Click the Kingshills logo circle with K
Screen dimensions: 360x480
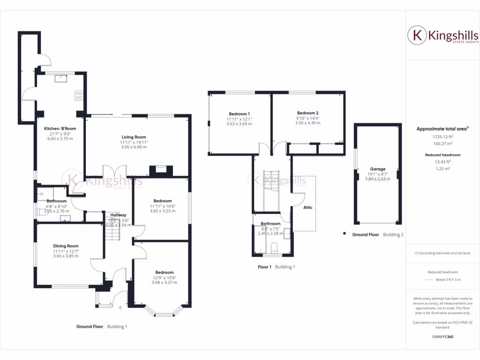pos(416,35)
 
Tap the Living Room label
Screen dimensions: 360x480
pos(133,137)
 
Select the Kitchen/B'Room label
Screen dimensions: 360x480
pos(60,128)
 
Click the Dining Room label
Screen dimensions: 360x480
pos(66,246)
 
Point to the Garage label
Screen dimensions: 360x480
pos(377,169)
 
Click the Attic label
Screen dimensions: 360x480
pos(307,207)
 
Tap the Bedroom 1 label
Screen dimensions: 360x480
pos(239,114)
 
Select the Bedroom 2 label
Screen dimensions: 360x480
pos(307,113)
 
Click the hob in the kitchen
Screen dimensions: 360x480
pos(79,95)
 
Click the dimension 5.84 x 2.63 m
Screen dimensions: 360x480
pos(377,178)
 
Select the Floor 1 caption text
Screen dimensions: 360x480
pos(264,267)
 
